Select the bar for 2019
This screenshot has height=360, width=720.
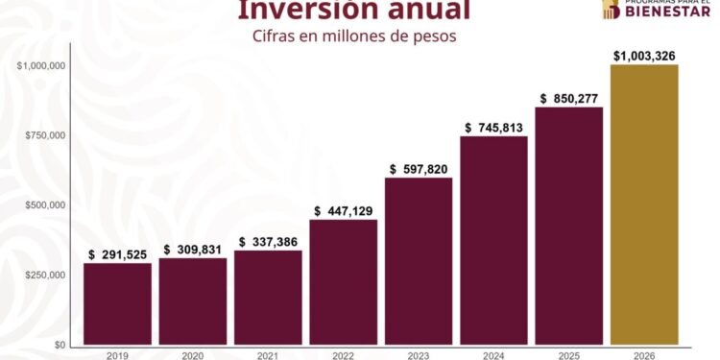pos(117,303)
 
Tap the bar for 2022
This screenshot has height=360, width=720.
pos(343,282)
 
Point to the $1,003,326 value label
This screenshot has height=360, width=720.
pos(644,56)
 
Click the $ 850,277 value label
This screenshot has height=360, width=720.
pos(570,98)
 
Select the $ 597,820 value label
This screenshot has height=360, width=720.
pos(419,169)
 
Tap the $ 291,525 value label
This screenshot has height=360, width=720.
pos(117,254)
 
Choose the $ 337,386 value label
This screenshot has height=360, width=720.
pos(268,242)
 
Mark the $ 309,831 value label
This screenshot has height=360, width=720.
pos(193,250)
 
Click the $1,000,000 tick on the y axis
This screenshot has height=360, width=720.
pos(40,65)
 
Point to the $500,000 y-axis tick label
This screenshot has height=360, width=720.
pos(44,205)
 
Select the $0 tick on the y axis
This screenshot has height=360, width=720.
pos(59,345)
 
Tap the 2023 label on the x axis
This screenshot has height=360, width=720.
pos(419,355)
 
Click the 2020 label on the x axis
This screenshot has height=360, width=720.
pos(193,355)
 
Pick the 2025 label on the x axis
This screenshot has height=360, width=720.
pos(569,355)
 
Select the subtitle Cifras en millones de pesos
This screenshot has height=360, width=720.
pos(353,36)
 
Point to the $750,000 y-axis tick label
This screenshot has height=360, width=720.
pos(44,135)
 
